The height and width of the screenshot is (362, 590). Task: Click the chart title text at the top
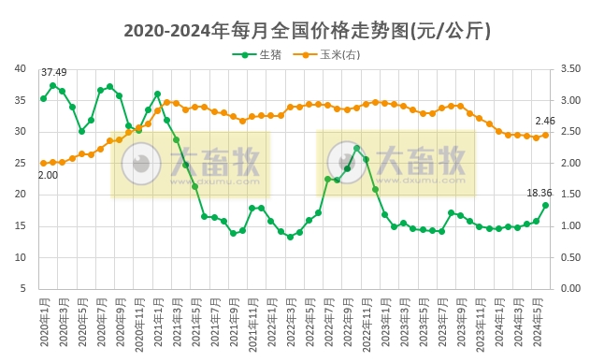(295, 30)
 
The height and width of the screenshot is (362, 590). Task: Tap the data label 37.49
(53, 72)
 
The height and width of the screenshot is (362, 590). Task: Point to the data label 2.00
(47, 175)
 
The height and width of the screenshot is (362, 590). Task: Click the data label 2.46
(545, 121)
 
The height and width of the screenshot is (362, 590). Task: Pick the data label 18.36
(540, 193)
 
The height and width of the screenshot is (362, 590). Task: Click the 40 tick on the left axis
(21, 68)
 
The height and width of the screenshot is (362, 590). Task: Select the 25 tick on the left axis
(21, 163)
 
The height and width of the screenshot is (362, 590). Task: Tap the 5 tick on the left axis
(23, 289)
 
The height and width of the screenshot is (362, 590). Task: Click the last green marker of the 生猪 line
(545, 205)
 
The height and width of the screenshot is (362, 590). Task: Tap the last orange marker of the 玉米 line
(545, 135)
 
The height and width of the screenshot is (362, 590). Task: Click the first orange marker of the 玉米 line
(43, 163)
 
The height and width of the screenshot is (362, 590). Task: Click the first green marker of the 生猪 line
(43, 98)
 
